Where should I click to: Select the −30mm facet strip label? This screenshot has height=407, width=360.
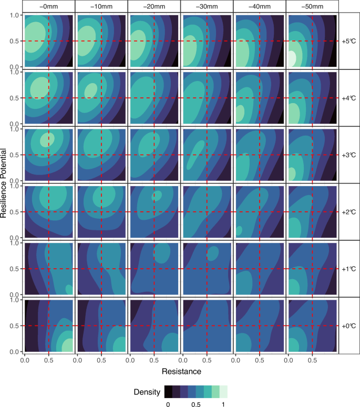207,6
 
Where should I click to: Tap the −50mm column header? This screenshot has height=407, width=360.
312,6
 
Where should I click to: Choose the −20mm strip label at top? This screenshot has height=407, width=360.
154,6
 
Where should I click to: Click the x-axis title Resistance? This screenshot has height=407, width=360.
180,372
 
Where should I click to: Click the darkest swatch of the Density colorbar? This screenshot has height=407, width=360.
168,392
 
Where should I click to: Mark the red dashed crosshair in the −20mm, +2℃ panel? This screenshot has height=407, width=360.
154,212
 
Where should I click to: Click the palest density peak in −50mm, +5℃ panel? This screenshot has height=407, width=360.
292,58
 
